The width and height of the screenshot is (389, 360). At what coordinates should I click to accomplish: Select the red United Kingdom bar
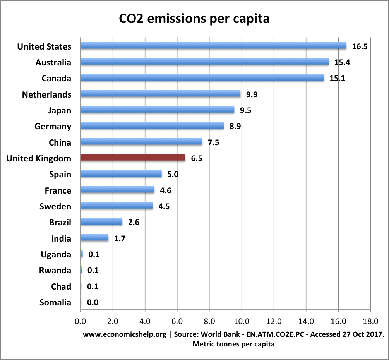point(133,158)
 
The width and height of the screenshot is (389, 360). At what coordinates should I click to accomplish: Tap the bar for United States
point(213,46)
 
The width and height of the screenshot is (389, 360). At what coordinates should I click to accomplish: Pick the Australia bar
point(204,62)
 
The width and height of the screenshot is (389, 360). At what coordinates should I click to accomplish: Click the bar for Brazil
point(101,222)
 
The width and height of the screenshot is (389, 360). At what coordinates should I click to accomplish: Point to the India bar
point(94,238)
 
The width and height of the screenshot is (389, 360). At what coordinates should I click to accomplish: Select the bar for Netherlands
point(160,94)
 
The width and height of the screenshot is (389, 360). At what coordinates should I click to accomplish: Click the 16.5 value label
point(360,46)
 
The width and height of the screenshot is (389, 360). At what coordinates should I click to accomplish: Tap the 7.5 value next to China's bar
point(214,142)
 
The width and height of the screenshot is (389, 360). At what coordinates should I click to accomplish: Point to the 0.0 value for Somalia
point(93,302)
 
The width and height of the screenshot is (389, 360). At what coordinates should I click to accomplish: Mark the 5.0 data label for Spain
point(173,174)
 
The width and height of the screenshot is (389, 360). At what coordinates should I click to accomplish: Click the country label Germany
point(53,127)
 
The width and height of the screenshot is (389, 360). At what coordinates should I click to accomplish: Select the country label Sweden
point(55,206)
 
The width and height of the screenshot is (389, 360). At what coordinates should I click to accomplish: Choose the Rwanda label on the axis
point(55,270)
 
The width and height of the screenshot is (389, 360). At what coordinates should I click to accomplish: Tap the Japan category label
point(60,110)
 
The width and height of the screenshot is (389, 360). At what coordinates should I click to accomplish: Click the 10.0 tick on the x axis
point(242,321)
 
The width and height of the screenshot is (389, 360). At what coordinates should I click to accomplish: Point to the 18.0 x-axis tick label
point(370,321)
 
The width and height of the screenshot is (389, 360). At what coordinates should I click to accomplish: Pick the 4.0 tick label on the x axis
point(145,321)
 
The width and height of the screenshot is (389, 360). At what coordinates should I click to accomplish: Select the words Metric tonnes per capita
point(233,344)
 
